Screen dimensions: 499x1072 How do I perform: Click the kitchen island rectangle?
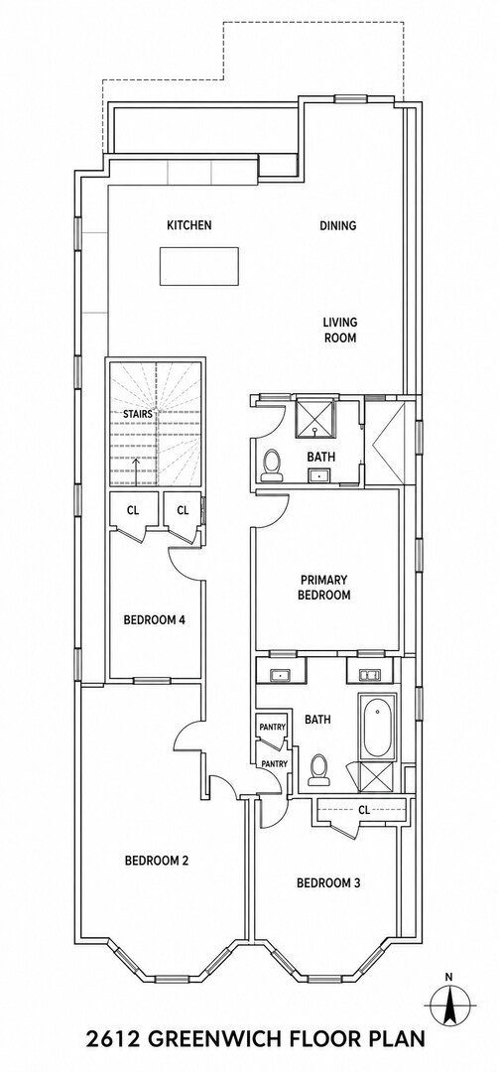point(199,266)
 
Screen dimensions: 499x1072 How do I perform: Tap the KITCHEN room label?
point(189,225)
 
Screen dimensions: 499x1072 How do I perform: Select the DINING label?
point(337,225)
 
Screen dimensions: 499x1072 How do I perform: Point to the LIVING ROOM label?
point(340,330)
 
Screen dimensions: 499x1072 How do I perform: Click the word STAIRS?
point(137,414)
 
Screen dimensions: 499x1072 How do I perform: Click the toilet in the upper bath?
point(272,463)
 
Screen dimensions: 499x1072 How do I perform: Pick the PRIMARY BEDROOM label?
point(323,588)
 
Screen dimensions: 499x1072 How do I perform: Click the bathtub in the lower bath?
point(377,727)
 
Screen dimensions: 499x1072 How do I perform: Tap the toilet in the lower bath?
point(318,769)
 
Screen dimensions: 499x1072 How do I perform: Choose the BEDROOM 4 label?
point(155,620)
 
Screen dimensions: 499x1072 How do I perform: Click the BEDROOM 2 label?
point(157,861)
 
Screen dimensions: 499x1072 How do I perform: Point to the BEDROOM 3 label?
point(328,882)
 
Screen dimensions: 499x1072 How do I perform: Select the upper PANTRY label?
point(267,727)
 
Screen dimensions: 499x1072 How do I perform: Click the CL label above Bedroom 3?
point(364,810)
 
